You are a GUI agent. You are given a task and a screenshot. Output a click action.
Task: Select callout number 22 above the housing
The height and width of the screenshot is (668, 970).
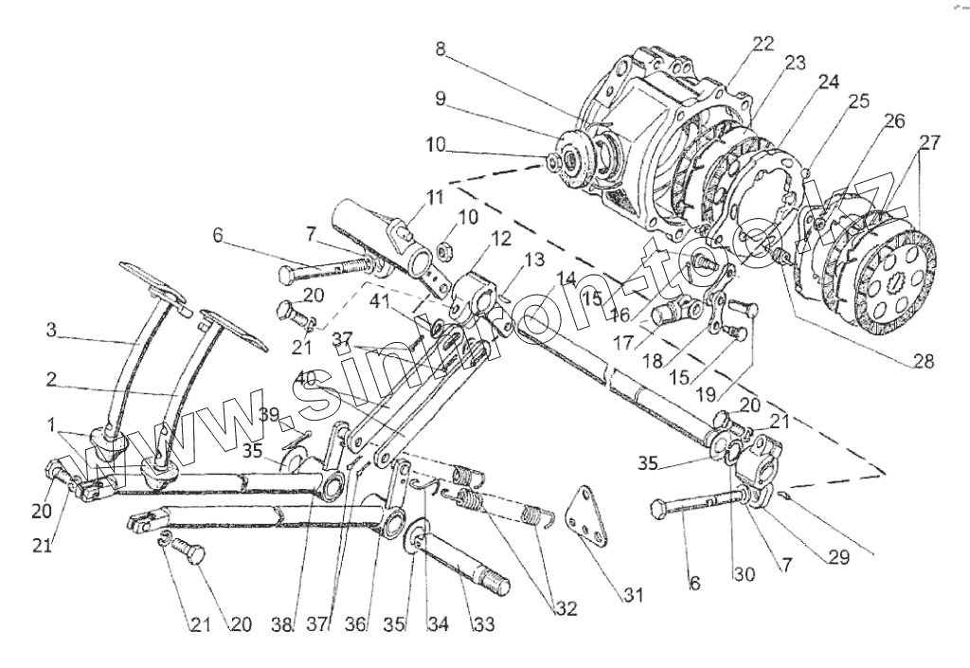coord(763,44)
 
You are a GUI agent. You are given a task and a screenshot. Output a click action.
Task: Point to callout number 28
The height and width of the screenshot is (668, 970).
coord(923,361)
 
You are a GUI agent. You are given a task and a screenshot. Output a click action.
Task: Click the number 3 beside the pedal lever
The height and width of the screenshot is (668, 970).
coord(51,331)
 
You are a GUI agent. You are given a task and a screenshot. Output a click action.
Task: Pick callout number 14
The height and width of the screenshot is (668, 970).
coord(566,280)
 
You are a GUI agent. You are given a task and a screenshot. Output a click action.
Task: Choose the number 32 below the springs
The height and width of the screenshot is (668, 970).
coord(566,609)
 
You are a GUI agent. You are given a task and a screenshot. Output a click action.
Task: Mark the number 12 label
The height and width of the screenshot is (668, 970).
coord(500,237)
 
